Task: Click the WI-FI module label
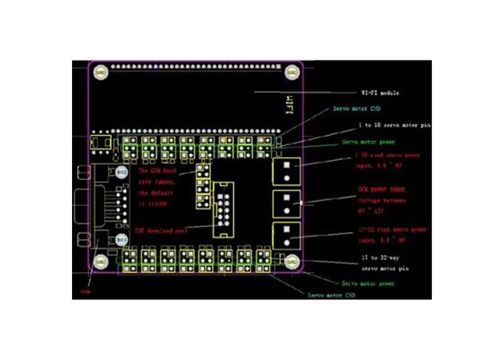[x=379, y=94]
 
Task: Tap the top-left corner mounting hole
[x=101, y=72]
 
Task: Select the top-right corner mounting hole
[x=292, y=72]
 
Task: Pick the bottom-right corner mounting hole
[x=292, y=262]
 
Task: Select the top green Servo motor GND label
[x=356, y=110]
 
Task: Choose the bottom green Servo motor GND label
[x=331, y=295]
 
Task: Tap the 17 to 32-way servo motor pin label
[x=384, y=263]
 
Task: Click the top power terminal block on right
[x=287, y=171]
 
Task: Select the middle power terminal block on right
[x=287, y=203]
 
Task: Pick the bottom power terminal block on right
[x=287, y=235]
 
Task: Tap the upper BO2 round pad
[x=122, y=174]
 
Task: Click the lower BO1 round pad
[x=122, y=238]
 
